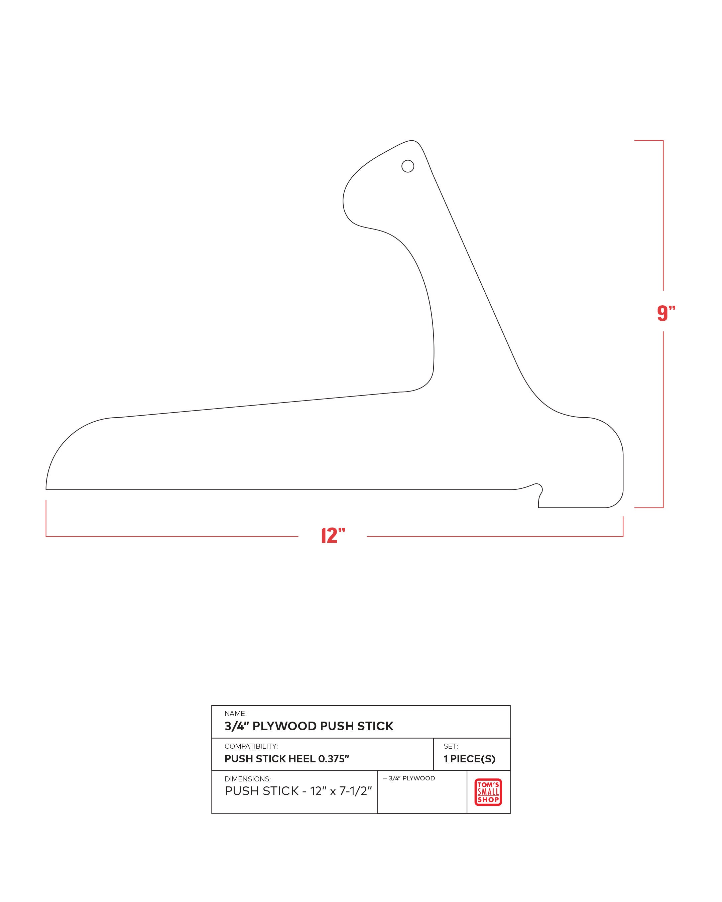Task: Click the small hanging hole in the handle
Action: [408, 166]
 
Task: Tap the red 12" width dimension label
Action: [333, 536]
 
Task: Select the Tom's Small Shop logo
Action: [488, 792]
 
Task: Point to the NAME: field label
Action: [236, 713]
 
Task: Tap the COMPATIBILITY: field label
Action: [251, 746]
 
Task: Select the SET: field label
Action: [451, 746]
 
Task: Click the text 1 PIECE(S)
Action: [469, 759]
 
